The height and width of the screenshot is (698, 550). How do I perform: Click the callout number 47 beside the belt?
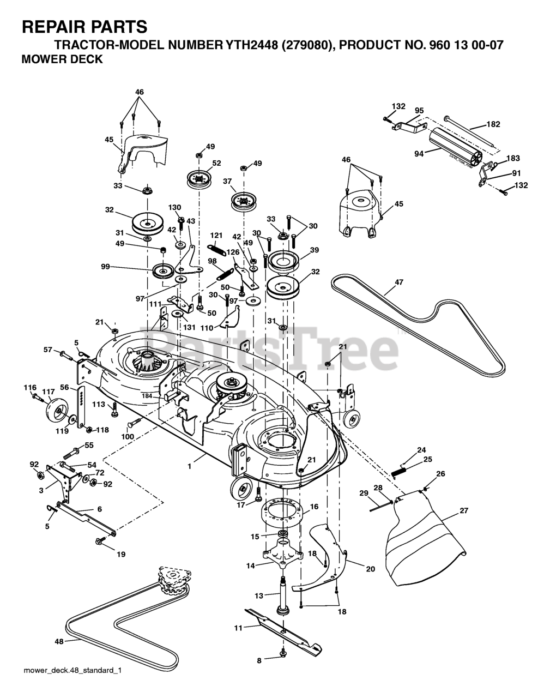[x=400, y=282]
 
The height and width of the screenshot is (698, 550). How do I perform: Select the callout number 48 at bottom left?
[x=59, y=642]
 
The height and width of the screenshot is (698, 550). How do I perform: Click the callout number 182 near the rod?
[x=493, y=124]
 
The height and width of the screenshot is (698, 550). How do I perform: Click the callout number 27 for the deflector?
[x=464, y=511]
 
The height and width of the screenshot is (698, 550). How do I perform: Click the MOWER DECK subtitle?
[x=62, y=59]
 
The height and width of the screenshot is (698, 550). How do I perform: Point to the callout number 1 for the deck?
[x=190, y=466]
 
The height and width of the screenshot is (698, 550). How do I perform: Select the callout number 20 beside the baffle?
[x=371, y=569]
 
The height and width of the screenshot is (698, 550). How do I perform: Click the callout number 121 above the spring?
[x=216, y=235]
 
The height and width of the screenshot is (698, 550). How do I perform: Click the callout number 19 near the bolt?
[x=121, y=554]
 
